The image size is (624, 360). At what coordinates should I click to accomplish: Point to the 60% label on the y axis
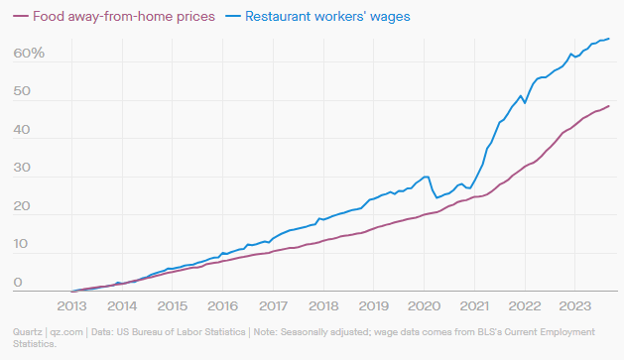pos(29,52)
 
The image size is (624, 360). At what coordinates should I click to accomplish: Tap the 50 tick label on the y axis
pos(22,91)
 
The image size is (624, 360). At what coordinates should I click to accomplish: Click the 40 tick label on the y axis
pos(22,130)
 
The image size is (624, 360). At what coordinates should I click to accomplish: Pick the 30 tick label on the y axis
pos(22,169)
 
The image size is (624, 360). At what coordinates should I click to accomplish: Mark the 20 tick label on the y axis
pos(22,207)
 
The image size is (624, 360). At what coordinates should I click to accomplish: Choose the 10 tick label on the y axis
pos(22,246)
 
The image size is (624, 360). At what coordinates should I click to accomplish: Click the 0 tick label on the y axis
pos(17,284)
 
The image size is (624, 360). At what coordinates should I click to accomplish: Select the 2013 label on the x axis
pos(72,305)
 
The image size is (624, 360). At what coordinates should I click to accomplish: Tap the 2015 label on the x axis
pos(173,305)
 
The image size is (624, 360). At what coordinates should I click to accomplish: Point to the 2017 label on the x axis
pos(274,305)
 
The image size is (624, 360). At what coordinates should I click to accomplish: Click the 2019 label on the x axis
pos(375,305)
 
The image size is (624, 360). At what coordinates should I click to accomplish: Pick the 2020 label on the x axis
pos(425,305)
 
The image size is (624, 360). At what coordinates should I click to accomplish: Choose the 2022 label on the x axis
pos(526,305)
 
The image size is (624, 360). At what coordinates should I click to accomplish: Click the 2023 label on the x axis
pos(576,305)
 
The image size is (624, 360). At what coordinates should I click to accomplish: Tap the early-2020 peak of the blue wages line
pos(426,177)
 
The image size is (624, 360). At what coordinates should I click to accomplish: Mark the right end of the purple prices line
pos(609,105)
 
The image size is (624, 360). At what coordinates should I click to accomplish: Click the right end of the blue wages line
pos(609,39)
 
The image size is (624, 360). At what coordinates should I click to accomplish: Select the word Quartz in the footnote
pos(26,331)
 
